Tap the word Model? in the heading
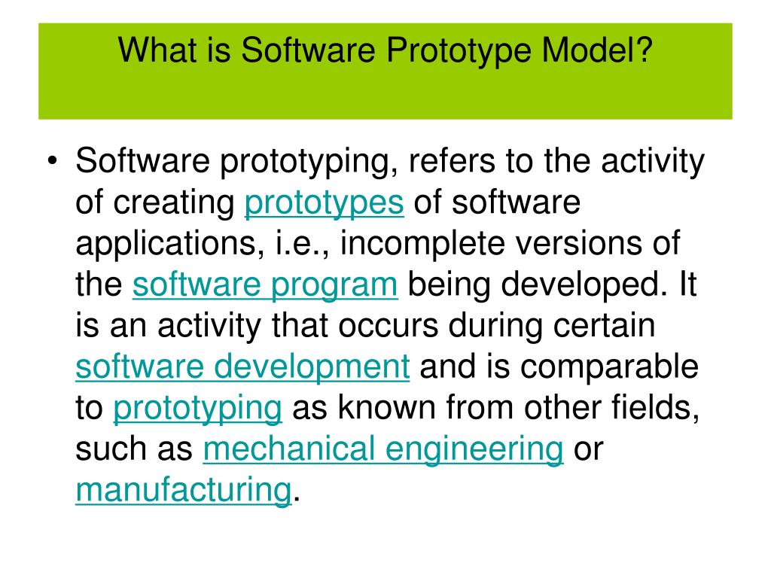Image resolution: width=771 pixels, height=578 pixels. pos(603,51)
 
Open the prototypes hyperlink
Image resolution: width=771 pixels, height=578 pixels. pos(325,203)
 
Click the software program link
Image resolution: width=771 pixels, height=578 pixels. pos(265,285)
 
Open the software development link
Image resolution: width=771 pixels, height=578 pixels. pos(242,367)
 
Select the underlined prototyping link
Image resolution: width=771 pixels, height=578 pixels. pos(197,409)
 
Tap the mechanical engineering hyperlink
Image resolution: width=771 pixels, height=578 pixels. pos(383,449)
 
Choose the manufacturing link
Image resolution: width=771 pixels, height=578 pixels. pos(183,491)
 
